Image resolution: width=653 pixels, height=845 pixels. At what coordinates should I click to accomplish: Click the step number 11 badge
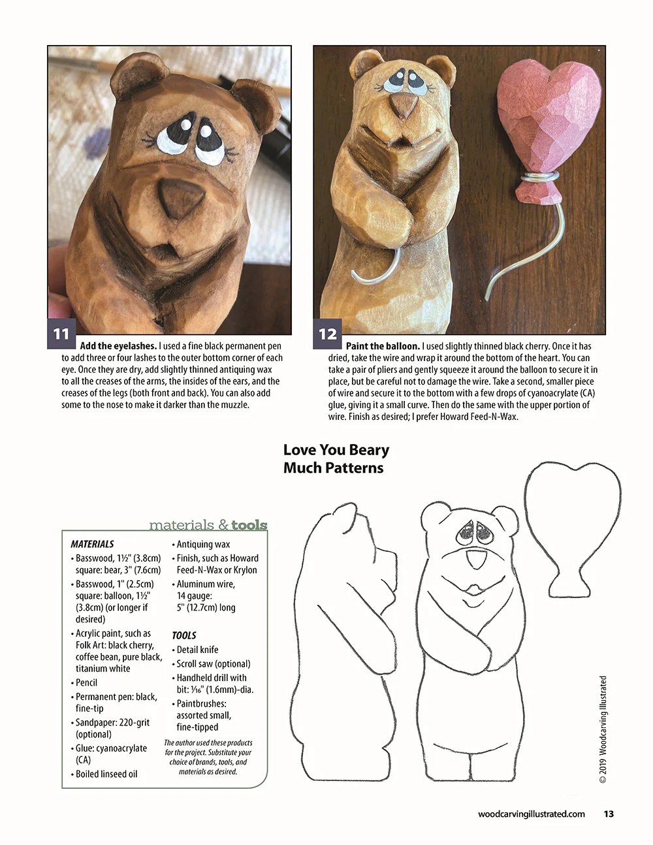pos(61,334)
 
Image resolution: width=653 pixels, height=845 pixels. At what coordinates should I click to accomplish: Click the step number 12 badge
pos(327,334)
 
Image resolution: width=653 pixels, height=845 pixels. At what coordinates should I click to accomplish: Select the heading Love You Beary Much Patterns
pos(336,458)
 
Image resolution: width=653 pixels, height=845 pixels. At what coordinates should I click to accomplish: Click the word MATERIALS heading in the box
pos(92,544)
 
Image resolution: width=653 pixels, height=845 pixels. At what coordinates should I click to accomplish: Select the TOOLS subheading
pos(184,635)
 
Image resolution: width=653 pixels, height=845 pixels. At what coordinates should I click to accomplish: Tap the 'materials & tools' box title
pos(208,525)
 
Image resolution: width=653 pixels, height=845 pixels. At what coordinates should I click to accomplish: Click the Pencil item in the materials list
pos(86,682)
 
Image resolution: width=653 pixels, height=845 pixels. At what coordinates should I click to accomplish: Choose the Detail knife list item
pos(197,650)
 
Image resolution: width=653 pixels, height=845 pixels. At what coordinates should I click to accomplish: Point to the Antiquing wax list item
pos(203,544)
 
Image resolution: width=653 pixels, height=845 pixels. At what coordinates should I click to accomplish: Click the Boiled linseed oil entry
pos(106,774)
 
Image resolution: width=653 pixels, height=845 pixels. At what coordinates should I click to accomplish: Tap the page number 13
pos(609,814)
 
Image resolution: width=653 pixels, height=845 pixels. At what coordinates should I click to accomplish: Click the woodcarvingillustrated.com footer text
pos(531,814)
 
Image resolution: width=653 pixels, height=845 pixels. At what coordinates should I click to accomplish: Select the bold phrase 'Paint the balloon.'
pos(383,346)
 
